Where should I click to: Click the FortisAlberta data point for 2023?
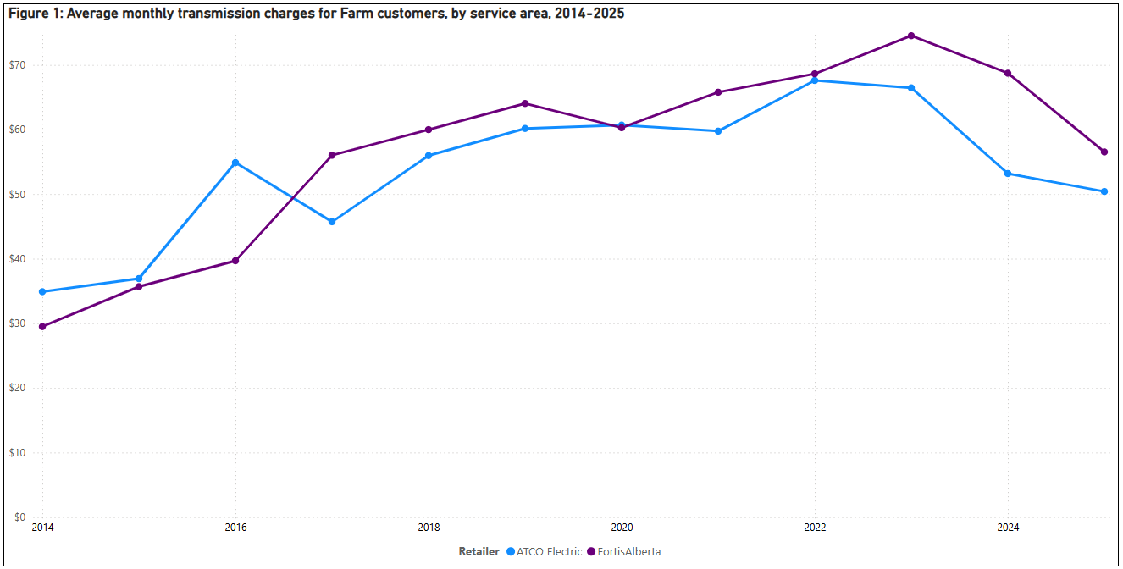coord(911,36)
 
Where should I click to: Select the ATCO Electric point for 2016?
coord(235,163)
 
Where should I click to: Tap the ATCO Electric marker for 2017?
coord(332,222)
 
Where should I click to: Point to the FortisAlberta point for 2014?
coord(42,327)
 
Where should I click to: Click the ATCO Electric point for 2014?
coord(42,292)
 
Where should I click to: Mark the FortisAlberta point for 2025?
coord(1104,152)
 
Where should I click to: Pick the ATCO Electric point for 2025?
coord(1104,191)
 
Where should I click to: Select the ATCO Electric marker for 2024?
coord(1008,174)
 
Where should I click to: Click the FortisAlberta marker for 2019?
coord(525,103)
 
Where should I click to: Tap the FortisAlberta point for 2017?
coord(332,155)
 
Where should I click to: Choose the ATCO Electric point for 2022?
coord(815,80)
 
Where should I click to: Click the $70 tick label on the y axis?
coord(18,65)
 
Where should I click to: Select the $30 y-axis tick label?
coord(18,323)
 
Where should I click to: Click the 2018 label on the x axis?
coord(429,528)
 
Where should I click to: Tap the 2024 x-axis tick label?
coord(1008,528)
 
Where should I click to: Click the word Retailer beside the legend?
coord(479,552)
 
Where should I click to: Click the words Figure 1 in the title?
coord(33,14)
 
